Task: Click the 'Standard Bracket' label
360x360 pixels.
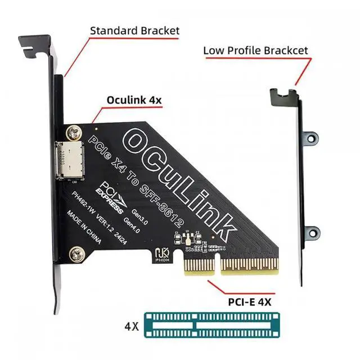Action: coord(134,30)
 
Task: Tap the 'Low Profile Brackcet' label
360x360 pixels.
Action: coord(255,51)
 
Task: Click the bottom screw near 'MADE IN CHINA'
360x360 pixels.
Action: coord(73,254)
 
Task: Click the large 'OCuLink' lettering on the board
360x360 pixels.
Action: coord(180,180)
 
